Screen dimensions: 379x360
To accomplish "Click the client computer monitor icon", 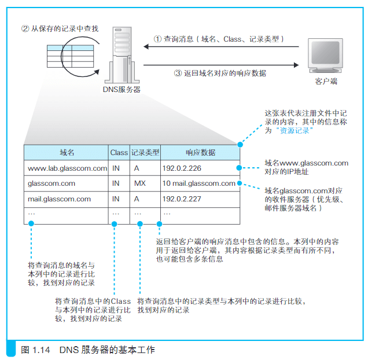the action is (x=325, y=56).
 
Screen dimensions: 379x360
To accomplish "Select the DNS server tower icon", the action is (x=122, y=55).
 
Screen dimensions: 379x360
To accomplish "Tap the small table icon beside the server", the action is (x=71, y=56).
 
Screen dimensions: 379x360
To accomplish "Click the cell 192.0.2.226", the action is (x=182, y=168).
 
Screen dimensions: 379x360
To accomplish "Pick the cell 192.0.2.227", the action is (x=182, y=199).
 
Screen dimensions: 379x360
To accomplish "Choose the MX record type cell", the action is (x=140, y=183).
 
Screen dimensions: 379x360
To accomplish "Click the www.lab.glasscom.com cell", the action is (x=68, y=168).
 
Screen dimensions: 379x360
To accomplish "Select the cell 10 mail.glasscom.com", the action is (x=199, y=183).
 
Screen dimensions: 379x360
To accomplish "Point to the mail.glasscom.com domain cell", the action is (x=59, y=199).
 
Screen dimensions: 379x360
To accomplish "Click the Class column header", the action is (x=119, y=153).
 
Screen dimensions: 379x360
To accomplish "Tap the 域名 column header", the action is (x=67, y=153).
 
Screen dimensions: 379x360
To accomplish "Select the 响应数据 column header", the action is (x=200, y=153).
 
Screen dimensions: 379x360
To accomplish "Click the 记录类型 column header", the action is (x=145, y=153).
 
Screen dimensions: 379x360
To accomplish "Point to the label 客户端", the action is (x=326, y=81).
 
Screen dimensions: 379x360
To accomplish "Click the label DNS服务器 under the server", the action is (x=122, y=90).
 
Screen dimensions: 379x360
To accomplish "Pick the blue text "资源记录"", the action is (x=295, y=131).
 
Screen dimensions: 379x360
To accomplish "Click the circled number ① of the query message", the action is (x=157, y=39).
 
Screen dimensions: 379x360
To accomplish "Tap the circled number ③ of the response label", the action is (x=178, y=73).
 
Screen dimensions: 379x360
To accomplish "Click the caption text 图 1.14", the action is (x=35, y=350).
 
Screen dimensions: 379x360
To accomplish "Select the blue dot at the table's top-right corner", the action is (x=240, y=145).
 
